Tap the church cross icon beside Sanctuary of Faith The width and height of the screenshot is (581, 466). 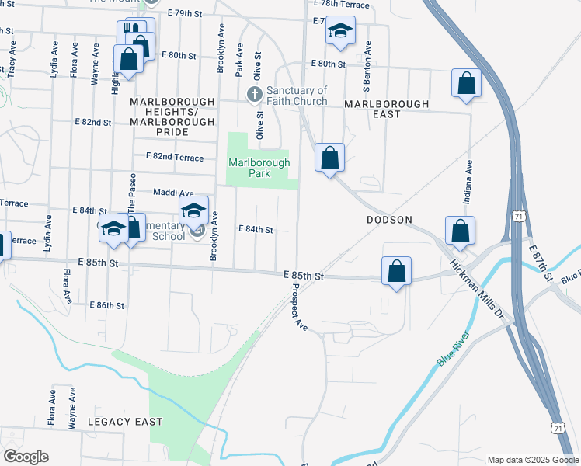pos(254,95)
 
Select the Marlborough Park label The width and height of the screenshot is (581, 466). pos(259,168)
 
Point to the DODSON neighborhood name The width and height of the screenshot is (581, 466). pos(389,220)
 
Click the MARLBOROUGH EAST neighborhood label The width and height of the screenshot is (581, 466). pos(386,109)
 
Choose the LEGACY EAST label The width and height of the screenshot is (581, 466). pos(125,421)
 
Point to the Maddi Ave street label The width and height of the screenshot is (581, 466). pos(172,193)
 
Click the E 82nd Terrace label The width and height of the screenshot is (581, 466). pos(174,157)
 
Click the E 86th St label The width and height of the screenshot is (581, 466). pos(107,306)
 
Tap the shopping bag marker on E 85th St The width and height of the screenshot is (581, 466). pos(396,271)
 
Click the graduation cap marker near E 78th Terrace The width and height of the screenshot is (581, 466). pos(340,31)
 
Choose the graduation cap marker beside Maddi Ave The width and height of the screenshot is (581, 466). pos(194,210)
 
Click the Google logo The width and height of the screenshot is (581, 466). pos(26,457)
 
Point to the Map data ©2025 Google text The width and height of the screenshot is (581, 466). pos(531,460)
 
